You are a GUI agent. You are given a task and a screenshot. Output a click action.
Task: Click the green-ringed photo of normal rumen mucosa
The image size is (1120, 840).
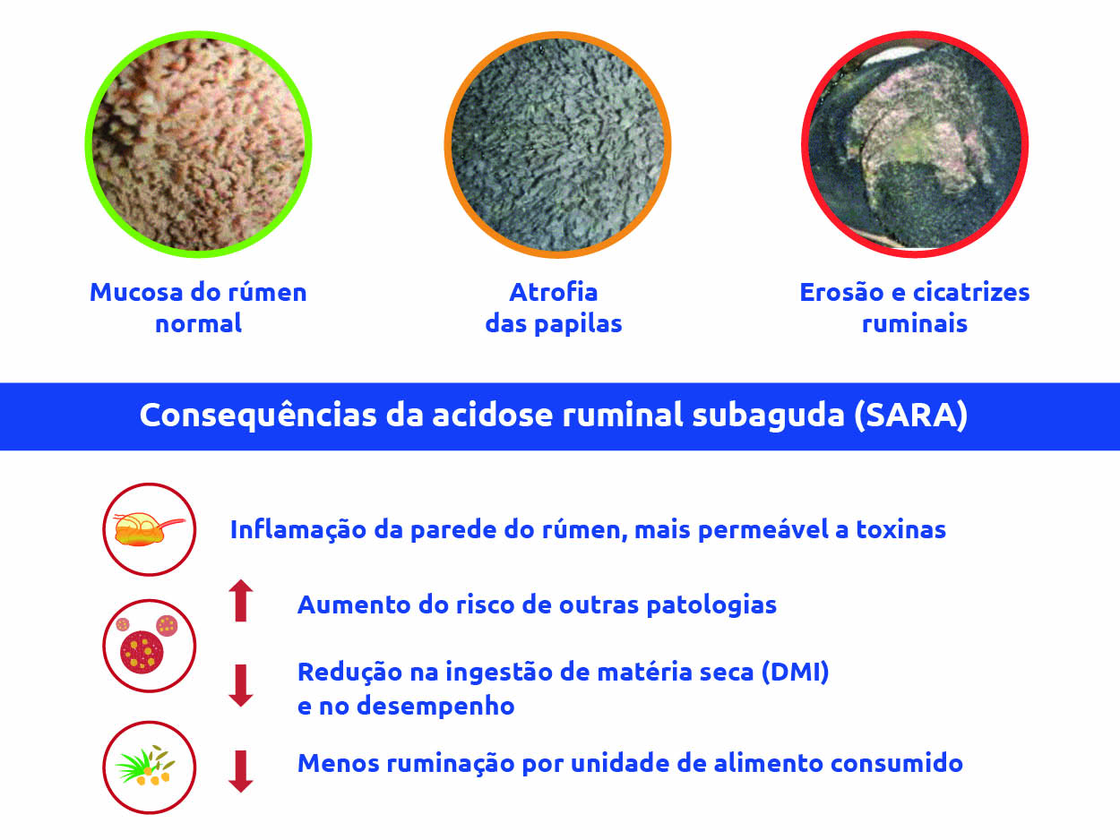coord(198,144)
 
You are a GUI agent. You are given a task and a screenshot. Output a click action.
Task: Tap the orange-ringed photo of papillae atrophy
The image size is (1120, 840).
coord(557,145)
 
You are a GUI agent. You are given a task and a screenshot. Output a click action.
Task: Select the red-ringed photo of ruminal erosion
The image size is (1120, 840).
coord(915,144)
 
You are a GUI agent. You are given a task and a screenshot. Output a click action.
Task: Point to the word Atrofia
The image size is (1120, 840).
coord(553,292)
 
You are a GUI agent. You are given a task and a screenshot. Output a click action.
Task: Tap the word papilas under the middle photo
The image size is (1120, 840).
coord(578,324)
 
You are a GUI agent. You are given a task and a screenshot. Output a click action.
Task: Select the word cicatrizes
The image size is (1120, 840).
coord(971,292)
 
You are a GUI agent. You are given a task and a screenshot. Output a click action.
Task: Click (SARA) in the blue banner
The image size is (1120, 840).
coord(911,416)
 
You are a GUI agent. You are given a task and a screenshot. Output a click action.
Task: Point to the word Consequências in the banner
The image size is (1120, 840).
coord(258,416)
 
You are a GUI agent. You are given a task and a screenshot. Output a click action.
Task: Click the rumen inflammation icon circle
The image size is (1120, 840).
coord(150,529)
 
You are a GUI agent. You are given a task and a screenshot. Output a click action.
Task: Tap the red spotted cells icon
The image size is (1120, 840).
coord(150,647)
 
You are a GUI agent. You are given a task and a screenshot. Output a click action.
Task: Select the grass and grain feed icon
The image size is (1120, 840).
coord(150,767)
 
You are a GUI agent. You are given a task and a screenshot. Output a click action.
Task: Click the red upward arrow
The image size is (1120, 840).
coord(241,601)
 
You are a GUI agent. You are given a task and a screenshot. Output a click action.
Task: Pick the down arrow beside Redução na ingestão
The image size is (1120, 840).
coord(241,685)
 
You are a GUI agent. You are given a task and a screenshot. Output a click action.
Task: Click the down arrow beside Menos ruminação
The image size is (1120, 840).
coord(241,771)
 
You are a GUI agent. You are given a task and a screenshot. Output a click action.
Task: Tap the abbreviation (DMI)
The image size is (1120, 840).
coord(795,673)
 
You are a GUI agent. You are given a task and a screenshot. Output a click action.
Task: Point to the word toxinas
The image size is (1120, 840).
coord(900,530)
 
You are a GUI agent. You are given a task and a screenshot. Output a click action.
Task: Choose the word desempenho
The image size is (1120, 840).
coord(435,707)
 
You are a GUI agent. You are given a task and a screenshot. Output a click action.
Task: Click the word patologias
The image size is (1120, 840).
coord(711,606)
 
